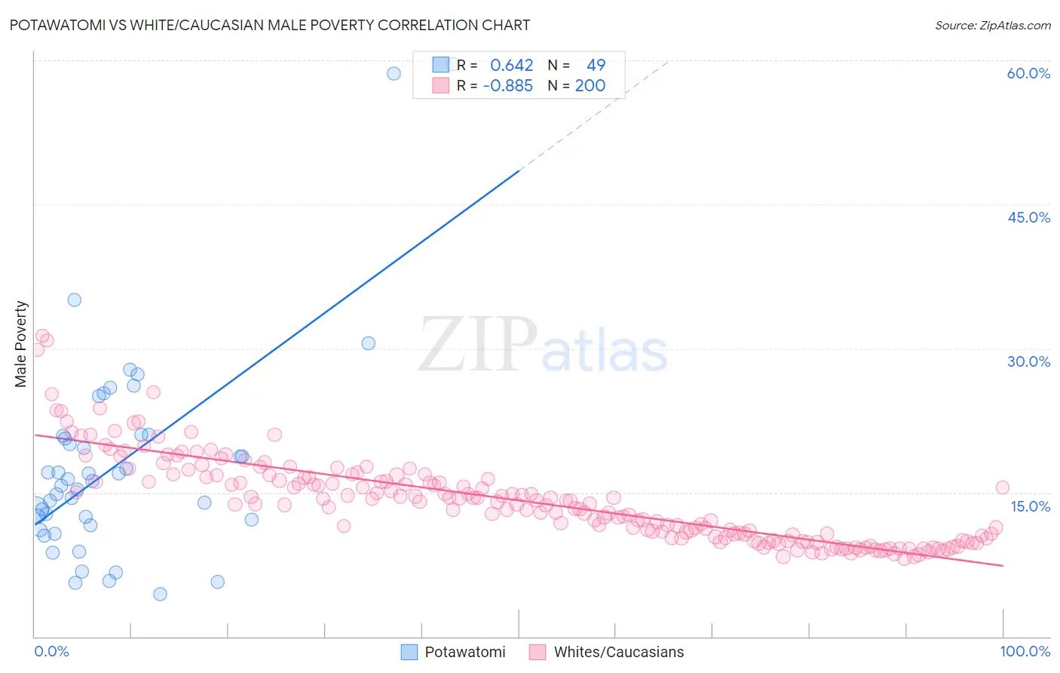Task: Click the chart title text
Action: (270, 25)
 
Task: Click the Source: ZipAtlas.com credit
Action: (992, 25)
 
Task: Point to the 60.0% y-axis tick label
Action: (1028, 73)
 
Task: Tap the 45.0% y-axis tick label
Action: (1028, 217)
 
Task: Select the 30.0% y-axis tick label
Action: (1028, 361)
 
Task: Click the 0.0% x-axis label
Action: (51, 651)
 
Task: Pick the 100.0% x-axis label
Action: (1025, 651)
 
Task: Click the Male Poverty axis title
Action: (21, 344)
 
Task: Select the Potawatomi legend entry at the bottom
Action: (452, 652)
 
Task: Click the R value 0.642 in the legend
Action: (511, 66)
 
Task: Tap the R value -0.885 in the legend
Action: (507, 86)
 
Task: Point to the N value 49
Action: (596, 66)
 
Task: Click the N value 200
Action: (590, 86)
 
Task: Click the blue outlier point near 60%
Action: (394, 73)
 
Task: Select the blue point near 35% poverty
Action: (74, 300)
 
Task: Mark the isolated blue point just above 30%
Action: (368, 343)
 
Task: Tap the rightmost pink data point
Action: (1002, 487)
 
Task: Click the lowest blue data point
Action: (160, 594)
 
